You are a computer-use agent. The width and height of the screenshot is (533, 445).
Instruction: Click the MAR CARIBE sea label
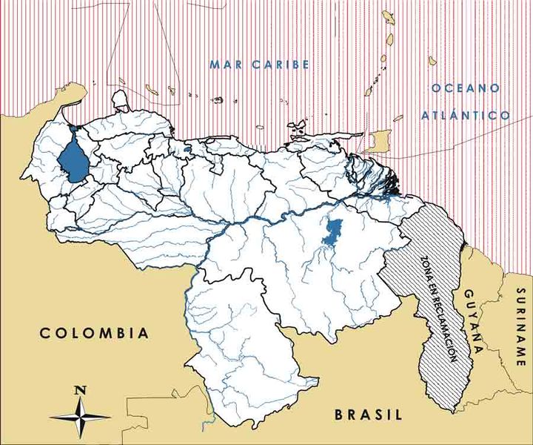[x=248, y=65]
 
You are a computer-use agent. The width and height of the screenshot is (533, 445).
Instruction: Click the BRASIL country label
[x=367, y=415]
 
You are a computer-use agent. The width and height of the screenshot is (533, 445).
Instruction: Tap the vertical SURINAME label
[x=520, y=327]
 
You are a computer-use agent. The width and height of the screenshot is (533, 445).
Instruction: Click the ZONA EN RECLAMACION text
[x=436, y=309]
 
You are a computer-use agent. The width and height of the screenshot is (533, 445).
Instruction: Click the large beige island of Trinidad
[x=381, y=139]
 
